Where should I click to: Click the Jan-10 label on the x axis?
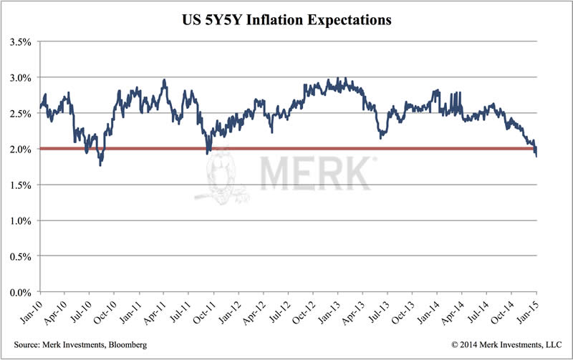tap(32, 309)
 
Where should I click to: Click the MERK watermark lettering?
tap(315, 174)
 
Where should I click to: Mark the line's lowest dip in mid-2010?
tap(100, 165)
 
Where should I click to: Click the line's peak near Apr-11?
tap(165, 80)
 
